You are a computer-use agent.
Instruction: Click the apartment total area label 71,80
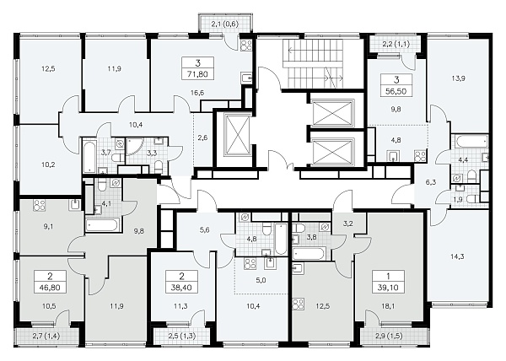tap(198, 74)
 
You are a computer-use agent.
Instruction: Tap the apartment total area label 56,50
tap(396, 91)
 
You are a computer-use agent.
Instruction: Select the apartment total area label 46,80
tap(50, 288)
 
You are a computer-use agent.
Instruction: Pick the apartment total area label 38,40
tap(181, 288)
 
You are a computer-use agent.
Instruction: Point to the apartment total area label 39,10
tap(388, 288)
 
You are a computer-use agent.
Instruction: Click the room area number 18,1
tap(388, 306)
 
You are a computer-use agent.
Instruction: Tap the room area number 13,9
tap(458, 78)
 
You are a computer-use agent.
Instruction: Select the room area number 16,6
tap(197, 93)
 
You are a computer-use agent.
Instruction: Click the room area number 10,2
tap(48, 164)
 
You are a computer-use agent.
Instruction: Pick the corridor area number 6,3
tap(430, 182)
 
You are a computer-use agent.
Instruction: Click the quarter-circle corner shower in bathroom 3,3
tap(132, 147)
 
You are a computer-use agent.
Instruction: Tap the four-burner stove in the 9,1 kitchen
tap(40, 206)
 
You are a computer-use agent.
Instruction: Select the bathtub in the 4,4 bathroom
tap(471, 141)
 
